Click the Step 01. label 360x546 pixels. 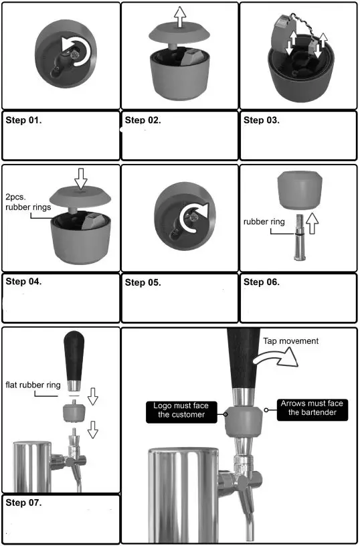[24, 121]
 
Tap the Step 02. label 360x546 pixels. [143, 120]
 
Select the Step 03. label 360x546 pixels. [262, 120]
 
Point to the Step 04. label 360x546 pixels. [24, 282]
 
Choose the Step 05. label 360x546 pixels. [143, 282]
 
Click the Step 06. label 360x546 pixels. [262, 282]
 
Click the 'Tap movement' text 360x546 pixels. [290, 341]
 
